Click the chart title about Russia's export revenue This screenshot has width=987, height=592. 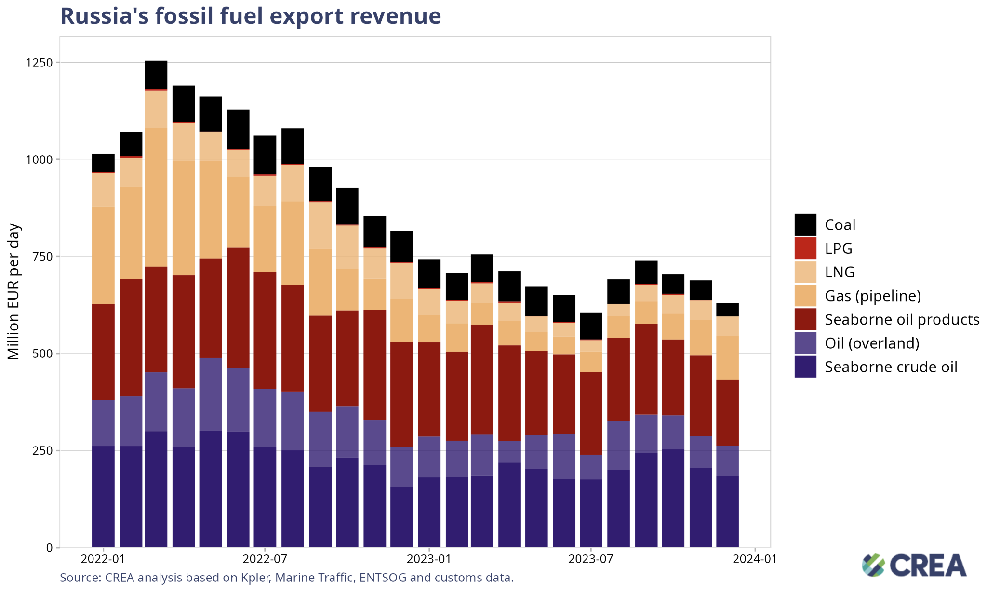(250, 16)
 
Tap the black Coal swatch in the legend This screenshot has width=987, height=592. (805, 224)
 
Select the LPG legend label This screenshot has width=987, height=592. (839, 249)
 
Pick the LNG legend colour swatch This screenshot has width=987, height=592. (805, 272)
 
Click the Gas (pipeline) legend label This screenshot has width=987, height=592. (872, 296)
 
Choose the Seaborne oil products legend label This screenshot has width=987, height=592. (902, 319)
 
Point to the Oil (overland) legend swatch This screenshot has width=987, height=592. (805, 343)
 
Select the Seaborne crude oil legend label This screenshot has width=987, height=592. (891, 367)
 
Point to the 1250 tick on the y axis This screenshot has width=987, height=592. (39, 63)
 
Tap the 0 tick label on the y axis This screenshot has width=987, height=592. (50, 548)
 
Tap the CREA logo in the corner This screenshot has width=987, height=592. (914, 565)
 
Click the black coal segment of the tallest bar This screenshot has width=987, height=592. (156, 75)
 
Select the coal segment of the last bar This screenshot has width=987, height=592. (727, 310)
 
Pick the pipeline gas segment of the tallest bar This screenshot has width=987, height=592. (156, 197)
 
